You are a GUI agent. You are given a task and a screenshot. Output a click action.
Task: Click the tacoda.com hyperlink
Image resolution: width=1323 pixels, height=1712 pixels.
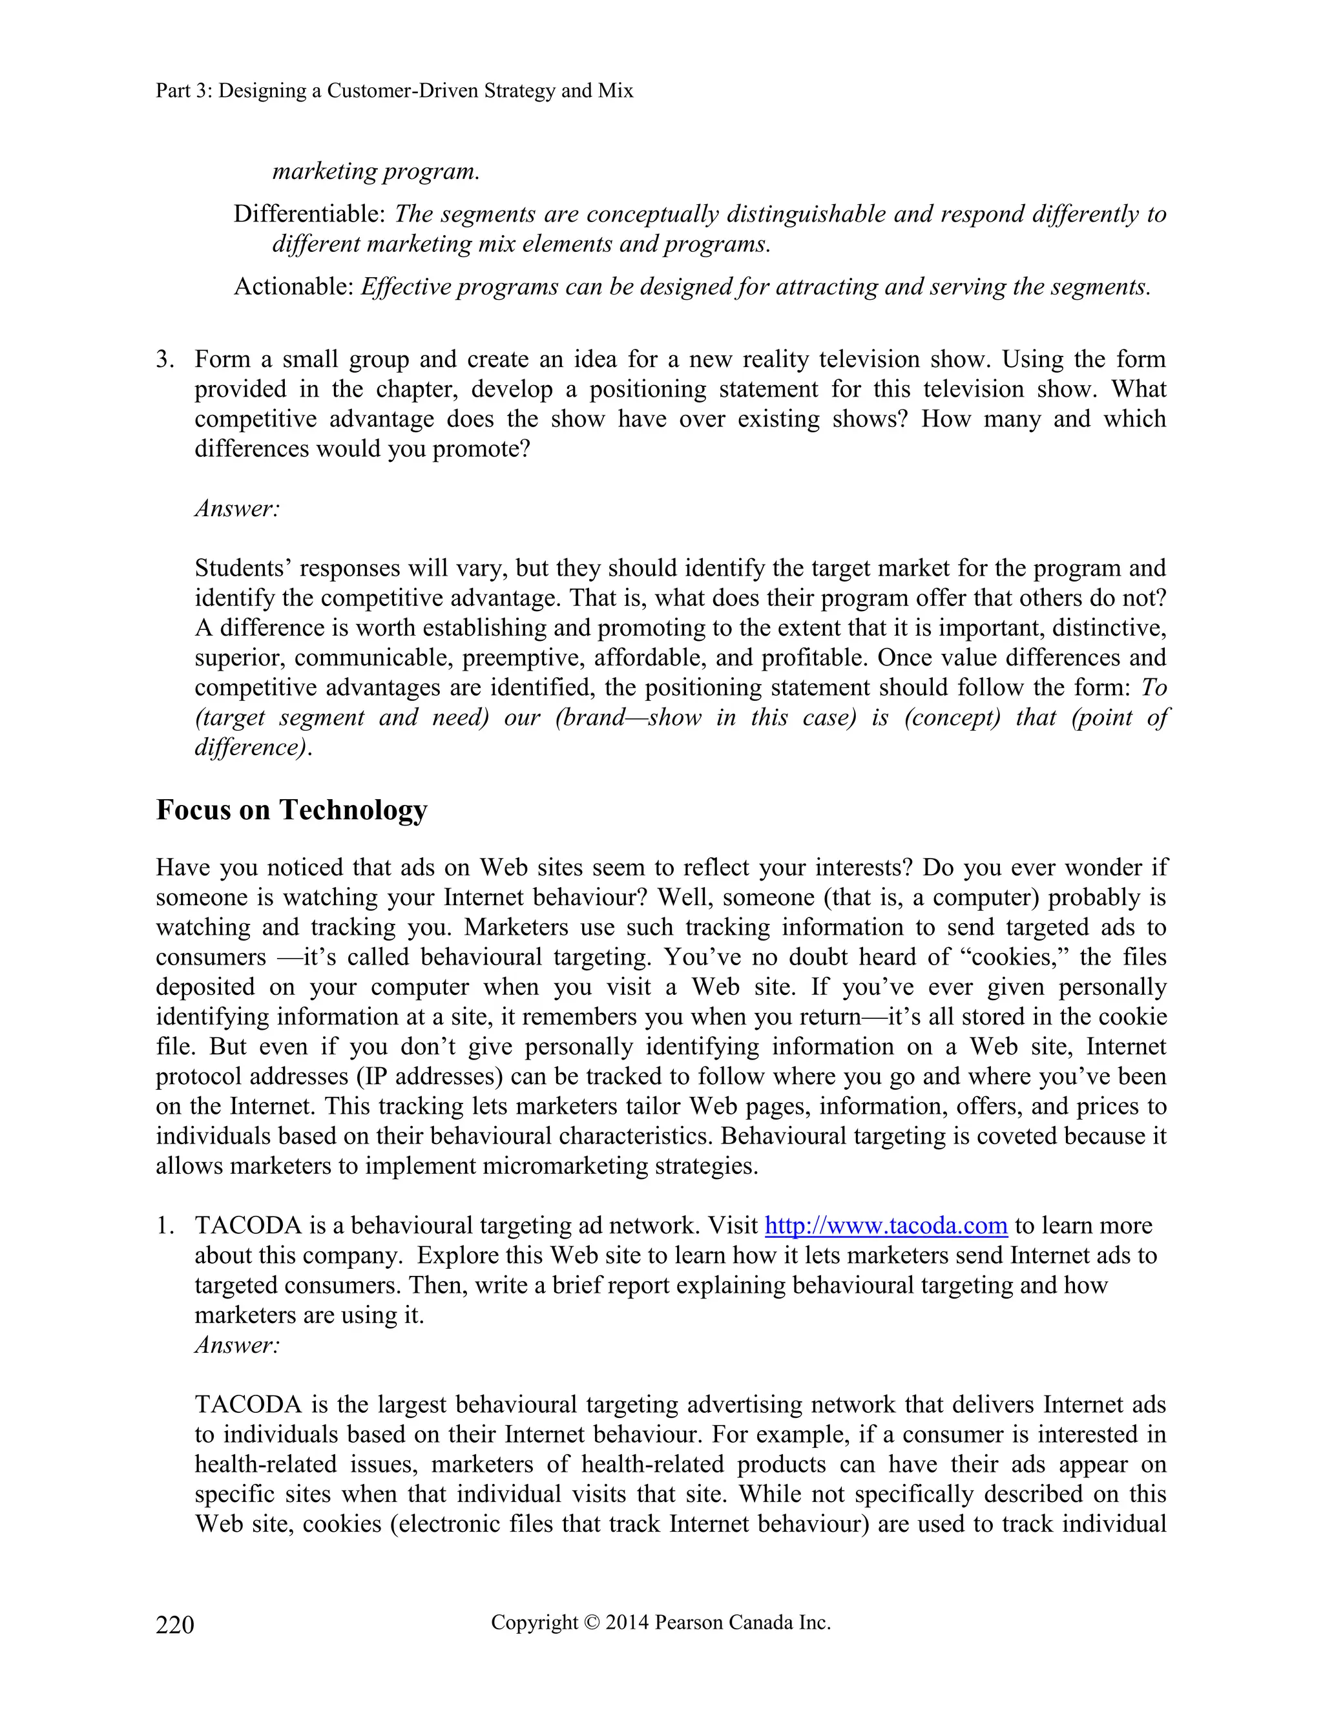click(x=886, y=1225)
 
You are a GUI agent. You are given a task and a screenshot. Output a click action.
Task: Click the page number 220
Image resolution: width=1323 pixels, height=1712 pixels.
click(x=175, y=1625)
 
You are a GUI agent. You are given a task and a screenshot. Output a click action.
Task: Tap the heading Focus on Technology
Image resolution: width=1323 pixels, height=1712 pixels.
click(x=291, y=809)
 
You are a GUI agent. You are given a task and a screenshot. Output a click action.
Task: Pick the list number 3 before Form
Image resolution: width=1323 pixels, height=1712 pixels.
click(x=165, y=360)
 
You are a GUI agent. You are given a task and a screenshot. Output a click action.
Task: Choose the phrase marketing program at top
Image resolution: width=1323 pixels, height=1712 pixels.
click(x=375, y=171)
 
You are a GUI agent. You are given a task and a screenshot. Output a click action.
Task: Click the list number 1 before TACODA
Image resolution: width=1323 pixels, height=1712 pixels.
click(x=165, y=1226)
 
